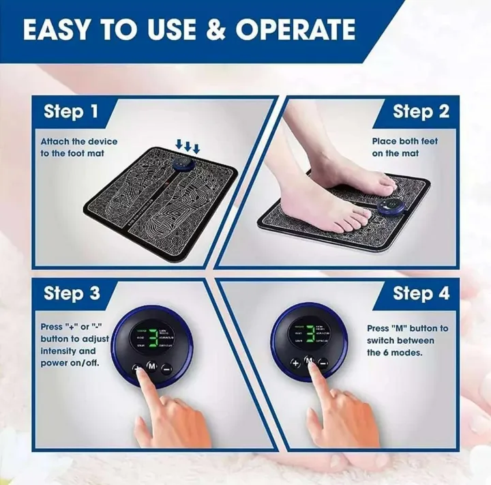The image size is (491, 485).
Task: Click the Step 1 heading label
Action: pos(71,112)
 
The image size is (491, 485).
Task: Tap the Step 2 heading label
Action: pos(421,112)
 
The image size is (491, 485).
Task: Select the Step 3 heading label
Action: pos(72,294)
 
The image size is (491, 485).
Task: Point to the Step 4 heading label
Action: pos(421,294)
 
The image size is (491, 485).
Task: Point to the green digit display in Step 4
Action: pos(310,334)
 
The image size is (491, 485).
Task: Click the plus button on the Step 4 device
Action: pos(295,363)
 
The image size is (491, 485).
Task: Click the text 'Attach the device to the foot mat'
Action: pos(78,147)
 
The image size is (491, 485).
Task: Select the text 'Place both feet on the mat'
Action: pos(405,147)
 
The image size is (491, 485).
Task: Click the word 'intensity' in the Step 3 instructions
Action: pos(59,351)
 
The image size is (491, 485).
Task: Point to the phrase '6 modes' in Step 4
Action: pos(404,353)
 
